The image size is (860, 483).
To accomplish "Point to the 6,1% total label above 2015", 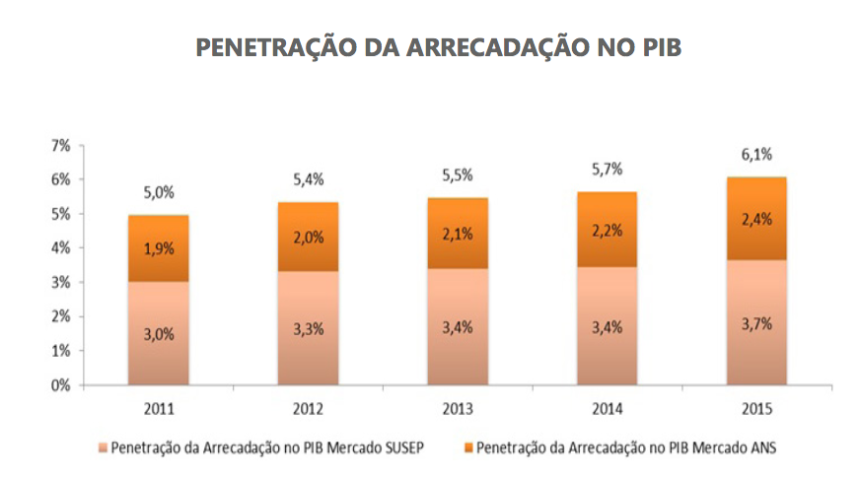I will (x=756, y=154).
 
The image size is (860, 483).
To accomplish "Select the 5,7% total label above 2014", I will (x=608, y=169).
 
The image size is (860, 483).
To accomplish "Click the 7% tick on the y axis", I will (x=60, y=146).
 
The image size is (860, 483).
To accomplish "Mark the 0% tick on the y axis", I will (x=60, y=385).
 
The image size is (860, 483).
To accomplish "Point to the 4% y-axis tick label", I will (x=60, y=248).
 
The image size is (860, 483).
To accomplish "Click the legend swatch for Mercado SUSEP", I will (x=102, y=448).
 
